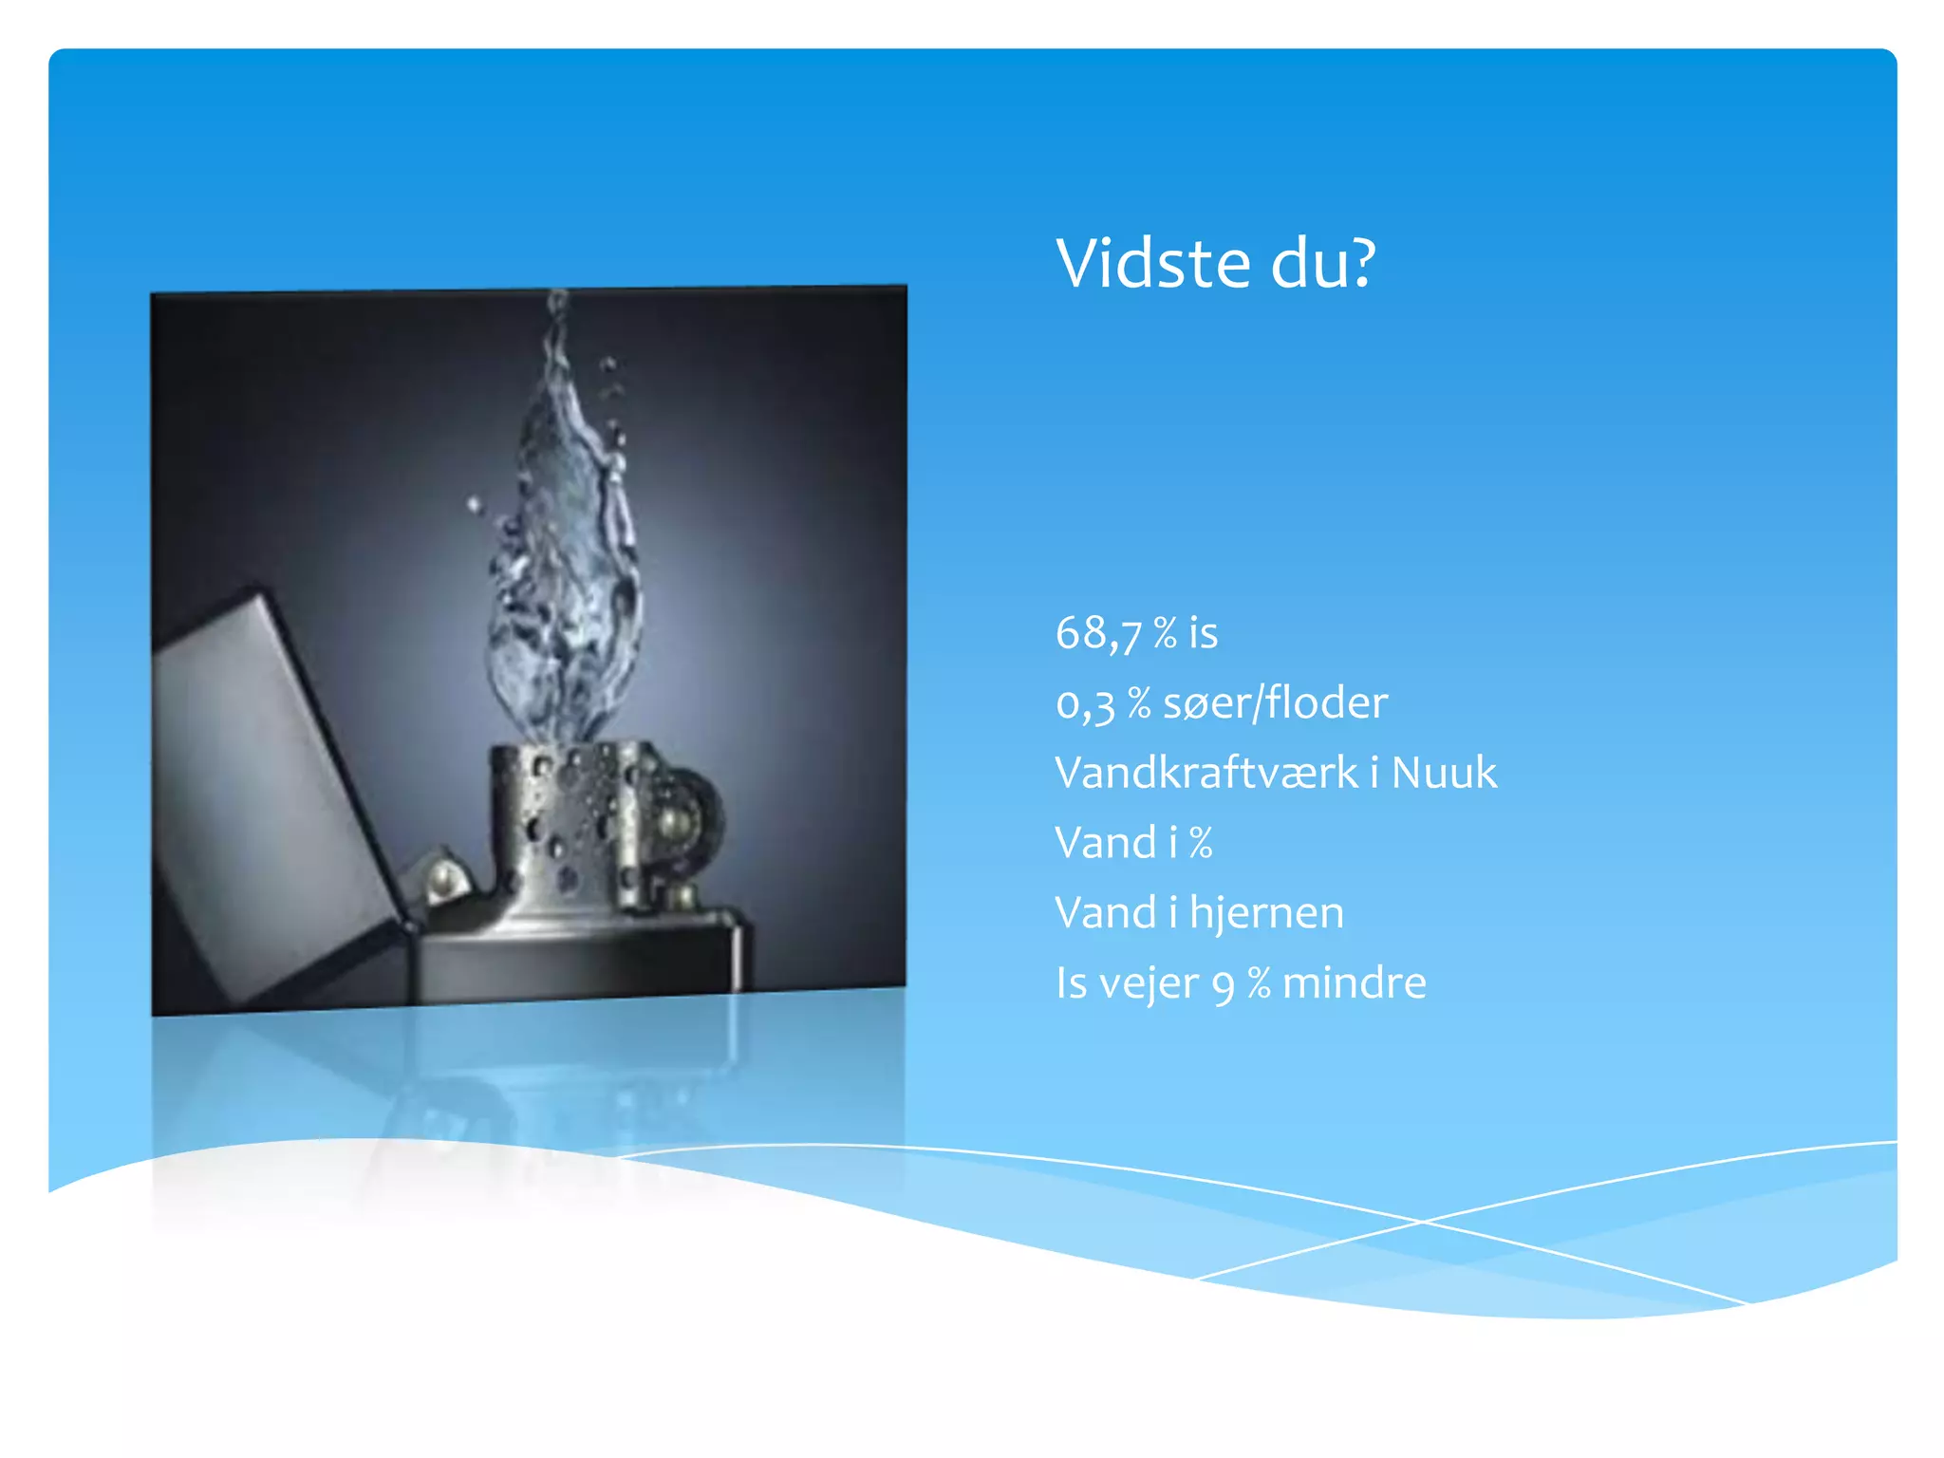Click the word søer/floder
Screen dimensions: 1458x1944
coord(1275,703)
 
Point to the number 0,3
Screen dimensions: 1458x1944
coord(1085,704)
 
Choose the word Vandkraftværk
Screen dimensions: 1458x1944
coord(1206,773)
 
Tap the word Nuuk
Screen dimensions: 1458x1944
coord(1444,773)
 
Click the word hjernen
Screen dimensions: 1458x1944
coord(1266,913)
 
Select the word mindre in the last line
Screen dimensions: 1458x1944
coord(1354,982)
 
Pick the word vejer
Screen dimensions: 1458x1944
coord(1149,984)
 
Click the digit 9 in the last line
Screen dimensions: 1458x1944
coord(1224,985)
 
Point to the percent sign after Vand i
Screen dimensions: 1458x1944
coord(1201,843)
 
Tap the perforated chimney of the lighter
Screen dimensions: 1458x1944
coord(560,816)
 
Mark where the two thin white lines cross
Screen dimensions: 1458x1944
coord(1421,1221)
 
